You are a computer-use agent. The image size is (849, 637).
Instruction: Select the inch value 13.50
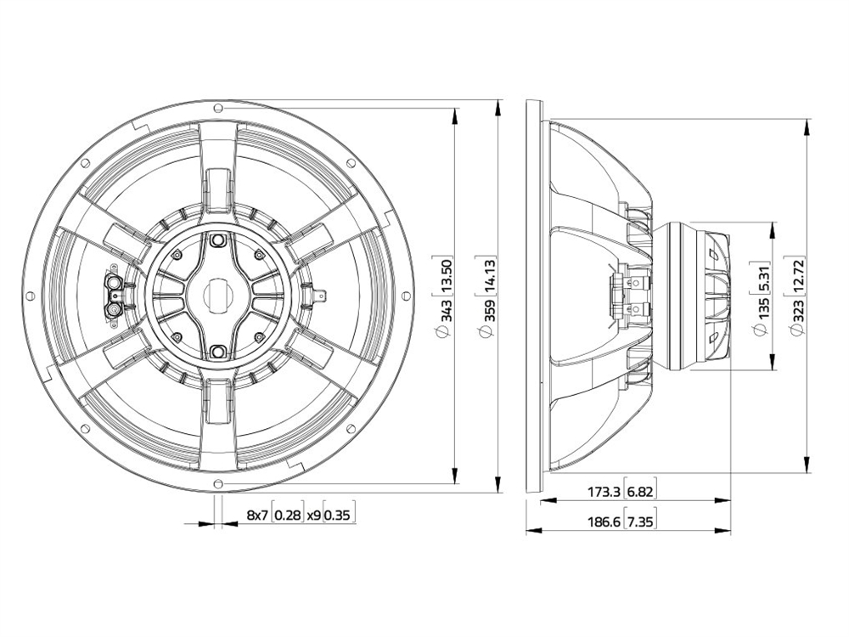coord(441,273)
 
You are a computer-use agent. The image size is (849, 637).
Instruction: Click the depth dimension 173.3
coord(604,491)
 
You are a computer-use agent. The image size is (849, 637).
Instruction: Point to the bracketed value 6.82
coord(642,491)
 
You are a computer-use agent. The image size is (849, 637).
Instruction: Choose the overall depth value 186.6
coord(604,521)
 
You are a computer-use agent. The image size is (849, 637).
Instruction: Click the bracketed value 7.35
coord(642,521)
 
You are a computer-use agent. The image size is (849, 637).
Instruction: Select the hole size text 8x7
coord(256,515)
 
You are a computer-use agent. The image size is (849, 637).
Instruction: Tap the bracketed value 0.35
coord(339,515)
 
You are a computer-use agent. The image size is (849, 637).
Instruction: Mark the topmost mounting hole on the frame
coord(218,108)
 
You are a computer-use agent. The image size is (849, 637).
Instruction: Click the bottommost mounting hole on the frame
coord(218,484)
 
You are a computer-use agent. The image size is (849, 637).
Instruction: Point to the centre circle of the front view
coord(218,296)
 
